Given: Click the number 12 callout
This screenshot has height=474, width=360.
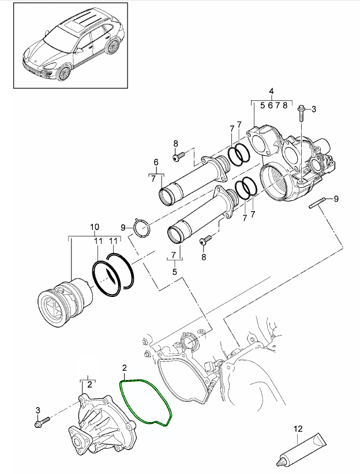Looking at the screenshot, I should pos(298,428).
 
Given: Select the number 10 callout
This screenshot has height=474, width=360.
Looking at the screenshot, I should pos(95,227).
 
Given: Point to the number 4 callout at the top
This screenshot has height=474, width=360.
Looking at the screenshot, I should pos(271,92).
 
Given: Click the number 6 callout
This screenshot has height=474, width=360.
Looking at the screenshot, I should pos(155,162).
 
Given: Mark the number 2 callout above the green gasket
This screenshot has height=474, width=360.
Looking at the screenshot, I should pos(125,367).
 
